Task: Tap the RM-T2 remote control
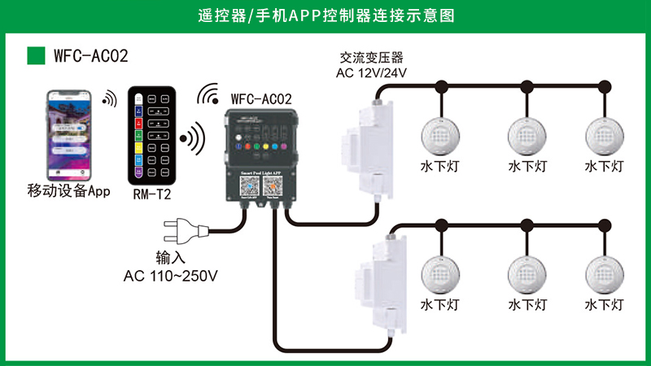click(x=154, y=134)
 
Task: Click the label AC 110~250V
click(x=171, y=276)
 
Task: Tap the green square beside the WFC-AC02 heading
click(x=36, y=55)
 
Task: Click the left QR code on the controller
click(x=247, y=185)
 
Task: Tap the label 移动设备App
click(x=68, y=192)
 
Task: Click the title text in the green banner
click(x=325, y=15)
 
